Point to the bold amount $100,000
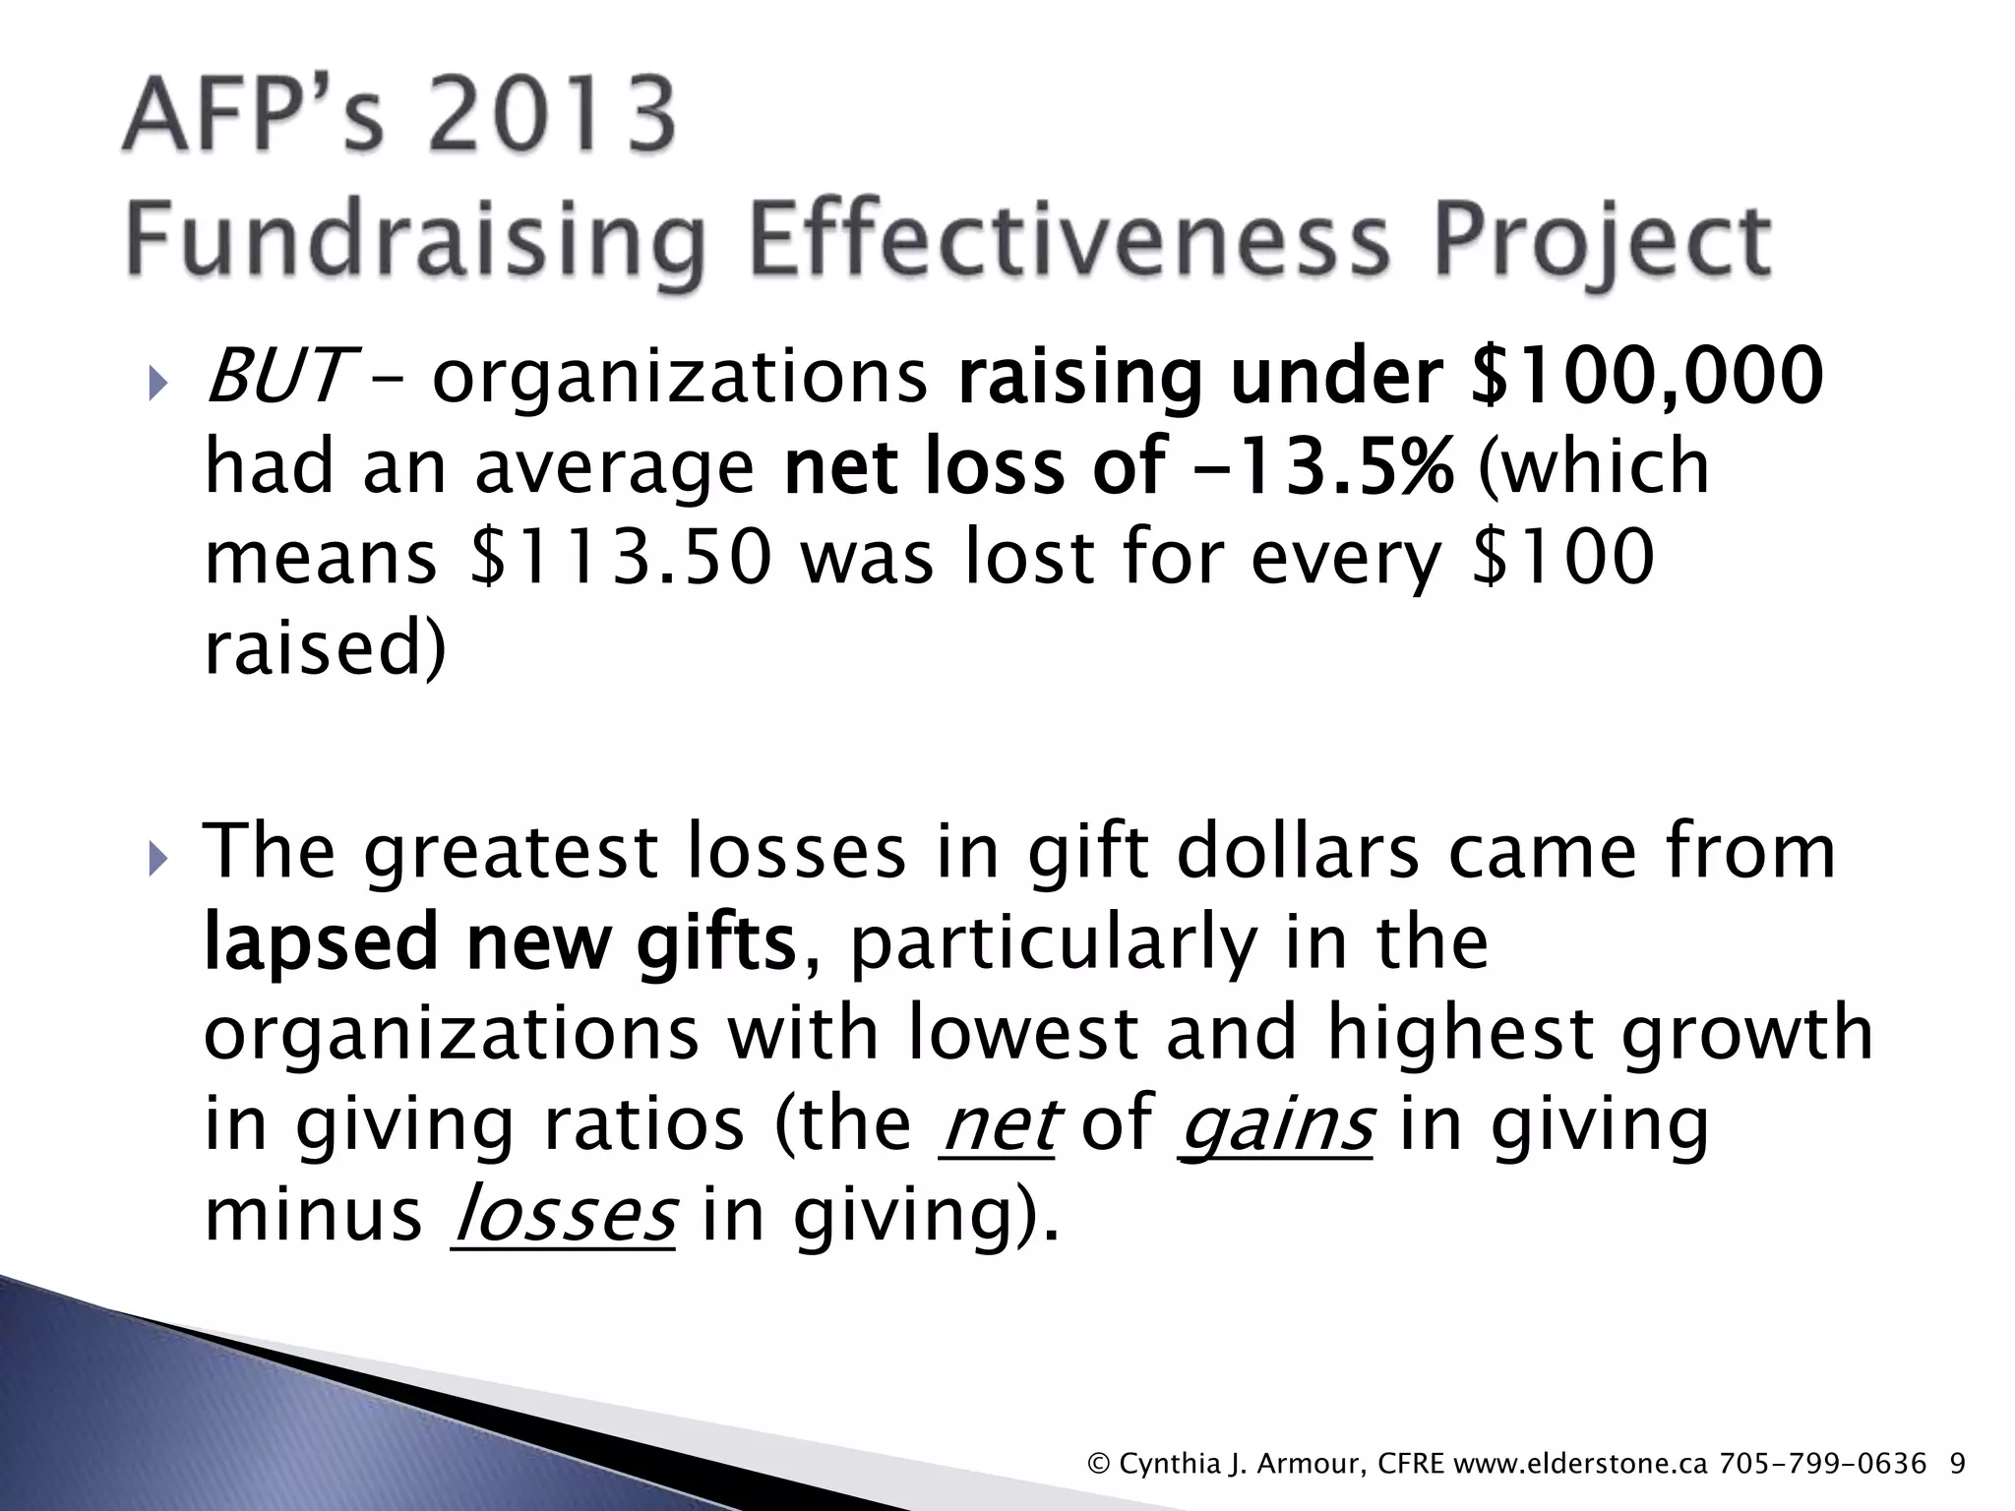pyautogui.click(x=1646, y=377)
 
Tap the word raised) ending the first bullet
pyautogui.click(x=325, y=648)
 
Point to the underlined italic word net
pyautogui.click(x=997, y=1124)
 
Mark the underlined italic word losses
pyautogui.click(x=563, y=1215)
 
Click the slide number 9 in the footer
pyautogui.click(x=1957, y=1465)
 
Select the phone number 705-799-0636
pyautogui.click(x=1822, y=1465)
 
